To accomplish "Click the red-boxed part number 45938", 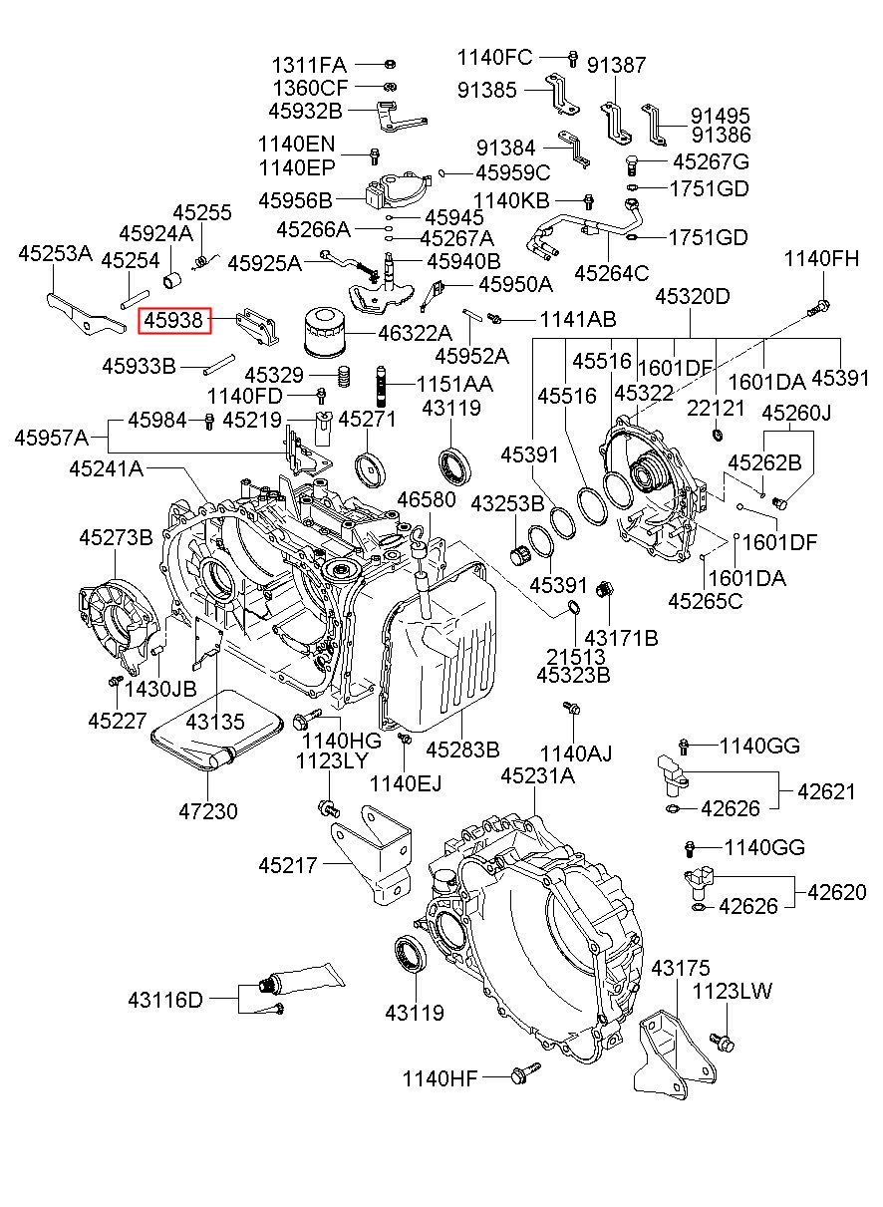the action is click(x=173, y=321).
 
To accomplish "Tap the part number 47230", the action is click(x=208, y=811).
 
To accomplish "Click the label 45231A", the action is click(x=537, y=775).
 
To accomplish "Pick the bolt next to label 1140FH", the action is click(x=819, y=308).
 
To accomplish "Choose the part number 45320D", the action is click(x=693, y=296).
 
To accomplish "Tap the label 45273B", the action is click(x=116, y=537).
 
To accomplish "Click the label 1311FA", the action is click(x=309, y=65).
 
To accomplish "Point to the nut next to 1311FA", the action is click(x=391, y=64).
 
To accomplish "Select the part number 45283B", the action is click(x=462, y=750).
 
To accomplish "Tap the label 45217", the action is click(x=288, y=865).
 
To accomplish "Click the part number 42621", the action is click(x=826, y=791).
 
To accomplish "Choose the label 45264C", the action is click(x=612, y=273).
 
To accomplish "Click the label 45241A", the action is click(x=106, y=468).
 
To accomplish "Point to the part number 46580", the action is click(x=427, y=499).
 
